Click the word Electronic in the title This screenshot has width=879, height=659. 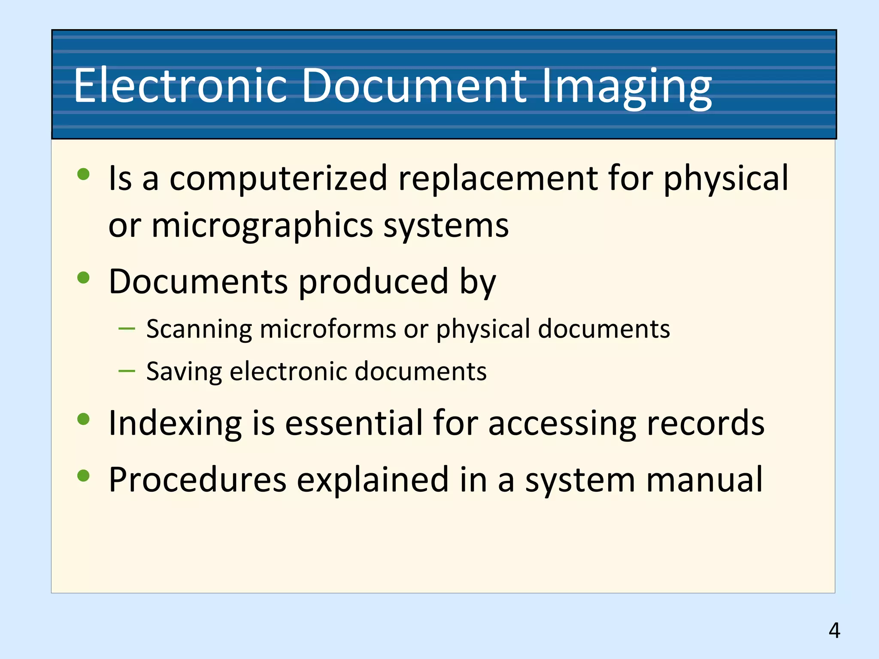click(180, 85)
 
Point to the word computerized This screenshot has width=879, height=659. click(279, 178)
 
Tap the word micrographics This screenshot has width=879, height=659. click(262, 226)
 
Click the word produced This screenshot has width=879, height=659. click(374, 282)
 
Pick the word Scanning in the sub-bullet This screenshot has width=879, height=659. click(199, 329)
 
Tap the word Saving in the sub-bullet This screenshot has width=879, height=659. click(184, 371)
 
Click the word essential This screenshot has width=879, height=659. click(354, 423)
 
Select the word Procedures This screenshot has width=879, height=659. click(197, 480)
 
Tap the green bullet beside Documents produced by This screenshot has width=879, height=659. click(83, 278)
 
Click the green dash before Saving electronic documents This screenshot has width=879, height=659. click(127, 371)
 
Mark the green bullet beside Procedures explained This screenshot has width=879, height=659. click(83, 475)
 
